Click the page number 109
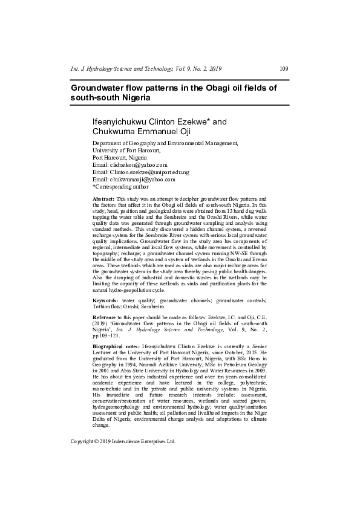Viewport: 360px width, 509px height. click(284, 68)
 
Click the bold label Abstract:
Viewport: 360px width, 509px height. click(103, 198)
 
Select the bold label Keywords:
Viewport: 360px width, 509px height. click(105, 300)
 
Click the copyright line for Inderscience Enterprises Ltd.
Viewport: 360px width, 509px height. click(123, 441)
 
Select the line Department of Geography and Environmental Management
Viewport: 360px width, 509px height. click(165, 143)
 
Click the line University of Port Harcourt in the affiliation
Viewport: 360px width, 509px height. click(126, 150)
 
